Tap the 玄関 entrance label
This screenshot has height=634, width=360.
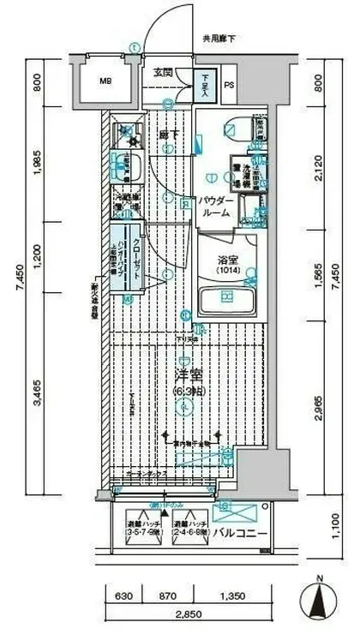[164, 72]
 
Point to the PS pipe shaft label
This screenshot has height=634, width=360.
[229, 85]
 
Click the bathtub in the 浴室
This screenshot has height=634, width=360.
[226, 302]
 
